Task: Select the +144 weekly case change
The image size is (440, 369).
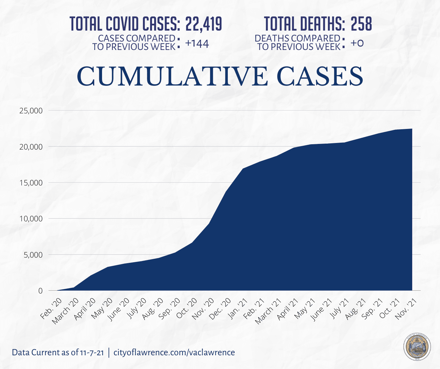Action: coord(197,44)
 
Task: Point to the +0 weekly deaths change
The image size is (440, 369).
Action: coord(357,43)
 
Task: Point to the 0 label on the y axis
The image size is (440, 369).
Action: coord(40,291)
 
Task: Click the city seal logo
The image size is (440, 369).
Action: coord(417,347)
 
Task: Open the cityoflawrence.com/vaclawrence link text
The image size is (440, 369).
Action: coord(174,352)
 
